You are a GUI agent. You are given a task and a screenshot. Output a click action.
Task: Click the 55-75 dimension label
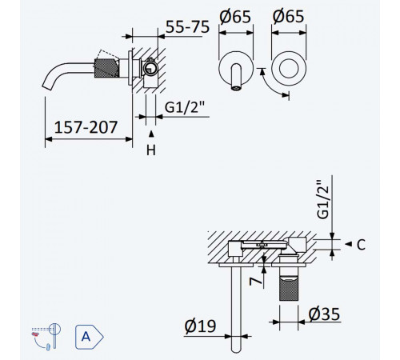pyautogui.click(x=187, y=26)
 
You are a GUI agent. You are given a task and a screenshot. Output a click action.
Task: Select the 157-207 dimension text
pyautogui.click(x=86, y=127)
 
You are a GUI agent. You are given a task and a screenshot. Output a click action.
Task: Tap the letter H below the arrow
pyautogui.click(x=151, y=150)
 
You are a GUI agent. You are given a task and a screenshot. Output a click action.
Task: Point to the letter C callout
pyautogui.click(x=361, y=245)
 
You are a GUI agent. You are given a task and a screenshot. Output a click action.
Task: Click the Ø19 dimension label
pyautogui.click(x=200, y=326)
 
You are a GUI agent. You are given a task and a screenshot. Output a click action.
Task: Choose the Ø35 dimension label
pyautogui.click(x=324, y=314)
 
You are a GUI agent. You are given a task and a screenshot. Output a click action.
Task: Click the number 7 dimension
pyautogui.click(x=255, y=281)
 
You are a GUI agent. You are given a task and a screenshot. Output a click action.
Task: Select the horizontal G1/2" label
pyautogui.click(x=185, y=107)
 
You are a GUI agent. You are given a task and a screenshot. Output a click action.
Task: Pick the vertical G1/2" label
pyautogui.click(x=322, y=199)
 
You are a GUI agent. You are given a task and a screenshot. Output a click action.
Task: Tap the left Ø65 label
pyautogui.click(x=235, y=17)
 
